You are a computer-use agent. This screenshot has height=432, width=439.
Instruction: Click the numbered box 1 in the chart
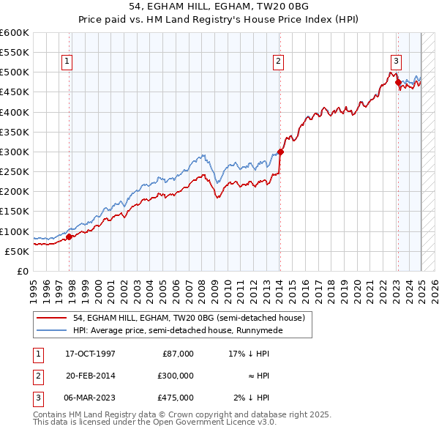pyautogui.click(x=67, y=62)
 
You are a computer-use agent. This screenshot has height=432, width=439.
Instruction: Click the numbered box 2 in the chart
pyautogui.click(x=279, y=62)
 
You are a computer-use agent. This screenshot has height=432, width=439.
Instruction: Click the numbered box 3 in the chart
pyautogui.click(x=396, y=62)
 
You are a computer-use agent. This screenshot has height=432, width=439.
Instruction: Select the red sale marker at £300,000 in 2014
pyautogui.click(x=280, y=152)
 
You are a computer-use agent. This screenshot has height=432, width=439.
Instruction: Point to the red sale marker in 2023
pyautogui.click(x=398, y=83)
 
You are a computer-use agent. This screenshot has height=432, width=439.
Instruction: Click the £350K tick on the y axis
pyautogui.click(x=14, y=133)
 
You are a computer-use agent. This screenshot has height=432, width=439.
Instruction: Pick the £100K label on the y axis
pyautogui.click(x=14, y=231)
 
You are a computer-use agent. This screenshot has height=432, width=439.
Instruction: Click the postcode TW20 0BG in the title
pyautogui.click(x=276, y=8)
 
